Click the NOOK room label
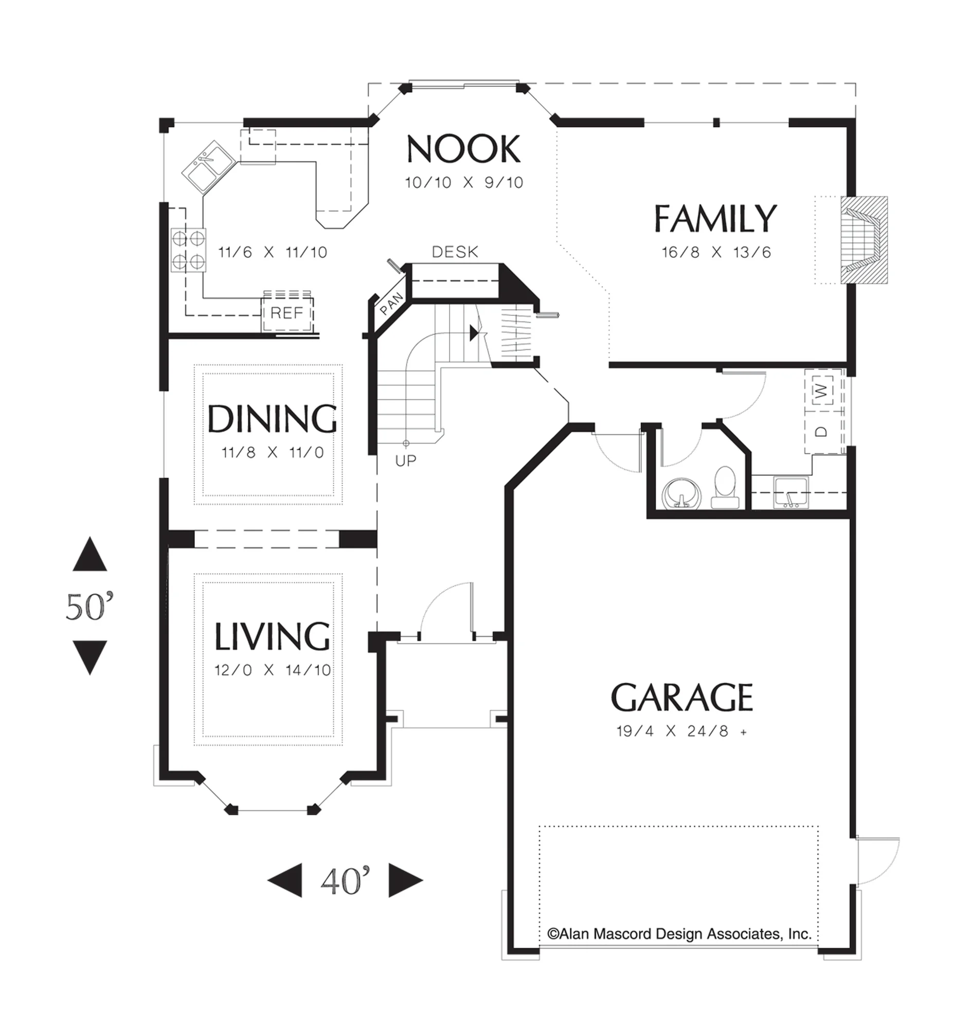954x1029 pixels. point(463,149)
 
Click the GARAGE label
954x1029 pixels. point(681,697)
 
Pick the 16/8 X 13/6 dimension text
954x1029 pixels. point(716,253)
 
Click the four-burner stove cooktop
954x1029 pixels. point(188,250)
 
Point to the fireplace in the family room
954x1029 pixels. point(863,240)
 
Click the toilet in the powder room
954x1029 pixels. point(725,488)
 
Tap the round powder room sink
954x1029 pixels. point(682,493)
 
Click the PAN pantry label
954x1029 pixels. point(391,304)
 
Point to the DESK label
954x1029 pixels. point(455,252)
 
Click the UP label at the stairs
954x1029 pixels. point(406,461)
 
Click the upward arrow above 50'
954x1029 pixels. point(90,554)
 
